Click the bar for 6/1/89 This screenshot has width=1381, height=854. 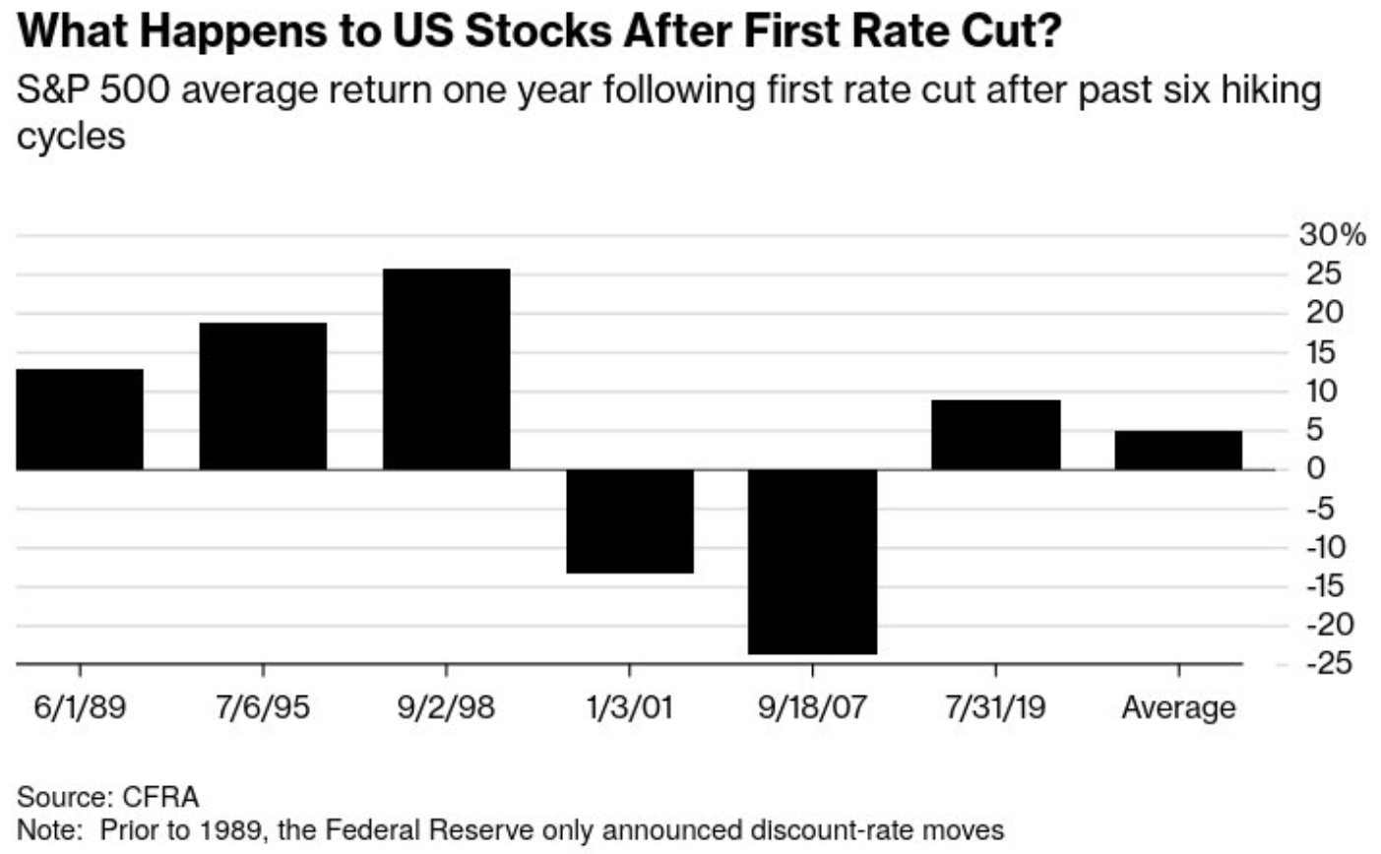point(80,419)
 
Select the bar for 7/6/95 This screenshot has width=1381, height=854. point(263,396)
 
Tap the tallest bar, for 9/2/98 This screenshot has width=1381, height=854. point(446,369)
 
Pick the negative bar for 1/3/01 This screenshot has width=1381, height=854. point(630,520)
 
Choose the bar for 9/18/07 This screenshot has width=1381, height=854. point(812,561)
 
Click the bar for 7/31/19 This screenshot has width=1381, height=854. point(995,435)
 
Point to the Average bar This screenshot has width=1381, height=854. point(1178,450)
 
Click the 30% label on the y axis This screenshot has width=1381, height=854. point(1332,235)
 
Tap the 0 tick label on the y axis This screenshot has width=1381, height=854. point(1315,468)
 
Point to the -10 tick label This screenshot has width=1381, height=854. point(1326,547)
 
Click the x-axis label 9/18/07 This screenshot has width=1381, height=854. point(812,707)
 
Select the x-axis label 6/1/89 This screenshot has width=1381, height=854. point(80,707)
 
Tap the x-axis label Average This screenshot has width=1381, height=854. point(1178,707)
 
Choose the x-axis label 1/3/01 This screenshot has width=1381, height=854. point(630,707)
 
